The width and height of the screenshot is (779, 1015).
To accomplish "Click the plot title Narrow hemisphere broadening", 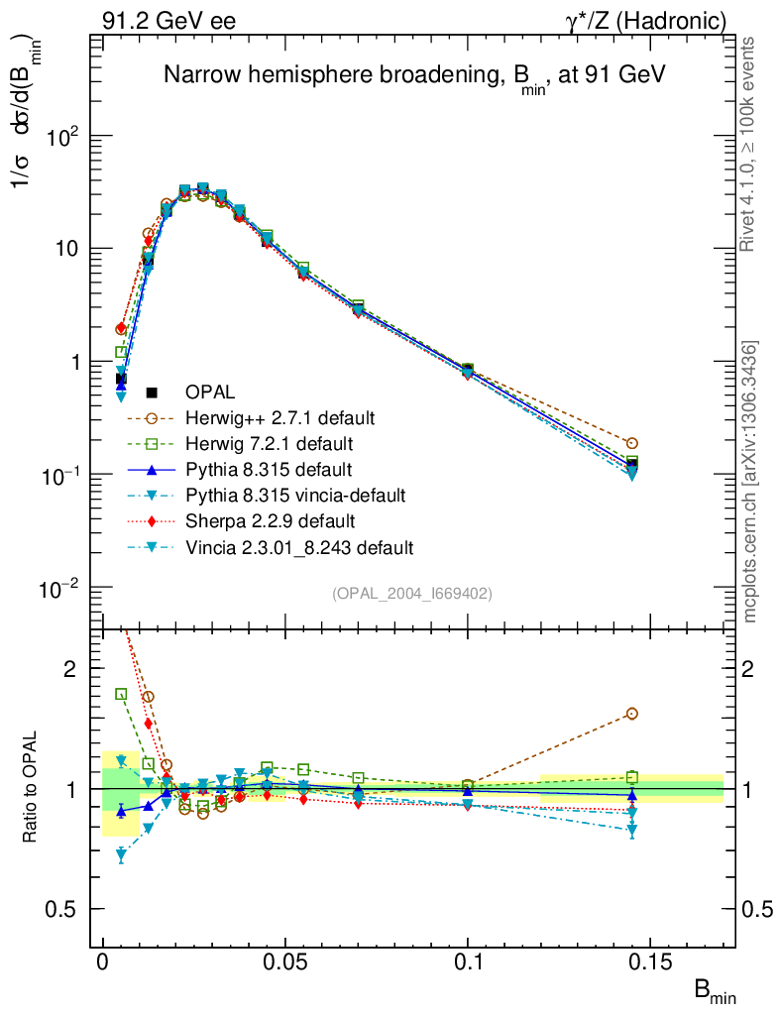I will (413, 76).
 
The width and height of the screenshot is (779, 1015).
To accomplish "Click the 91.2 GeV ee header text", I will (168, 19).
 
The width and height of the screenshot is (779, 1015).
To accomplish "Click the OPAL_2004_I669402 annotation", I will (411, 593).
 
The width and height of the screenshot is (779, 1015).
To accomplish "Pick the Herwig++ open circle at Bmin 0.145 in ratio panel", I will (632, 714).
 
